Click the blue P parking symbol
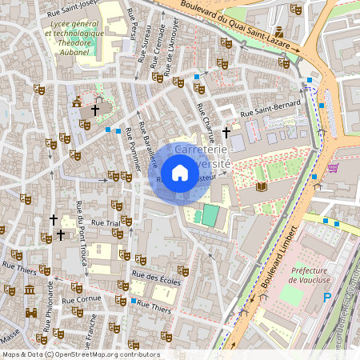[x=326, y=297]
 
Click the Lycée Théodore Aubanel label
[x=77, y=38]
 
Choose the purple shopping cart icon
[x=332, y=167]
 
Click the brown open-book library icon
[x=261, y=187]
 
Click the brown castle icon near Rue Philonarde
[x=31, y=314]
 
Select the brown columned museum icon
[x=30, y=289]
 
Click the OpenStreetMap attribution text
[x=80, y=354]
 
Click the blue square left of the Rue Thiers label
[x=133, y=301]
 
